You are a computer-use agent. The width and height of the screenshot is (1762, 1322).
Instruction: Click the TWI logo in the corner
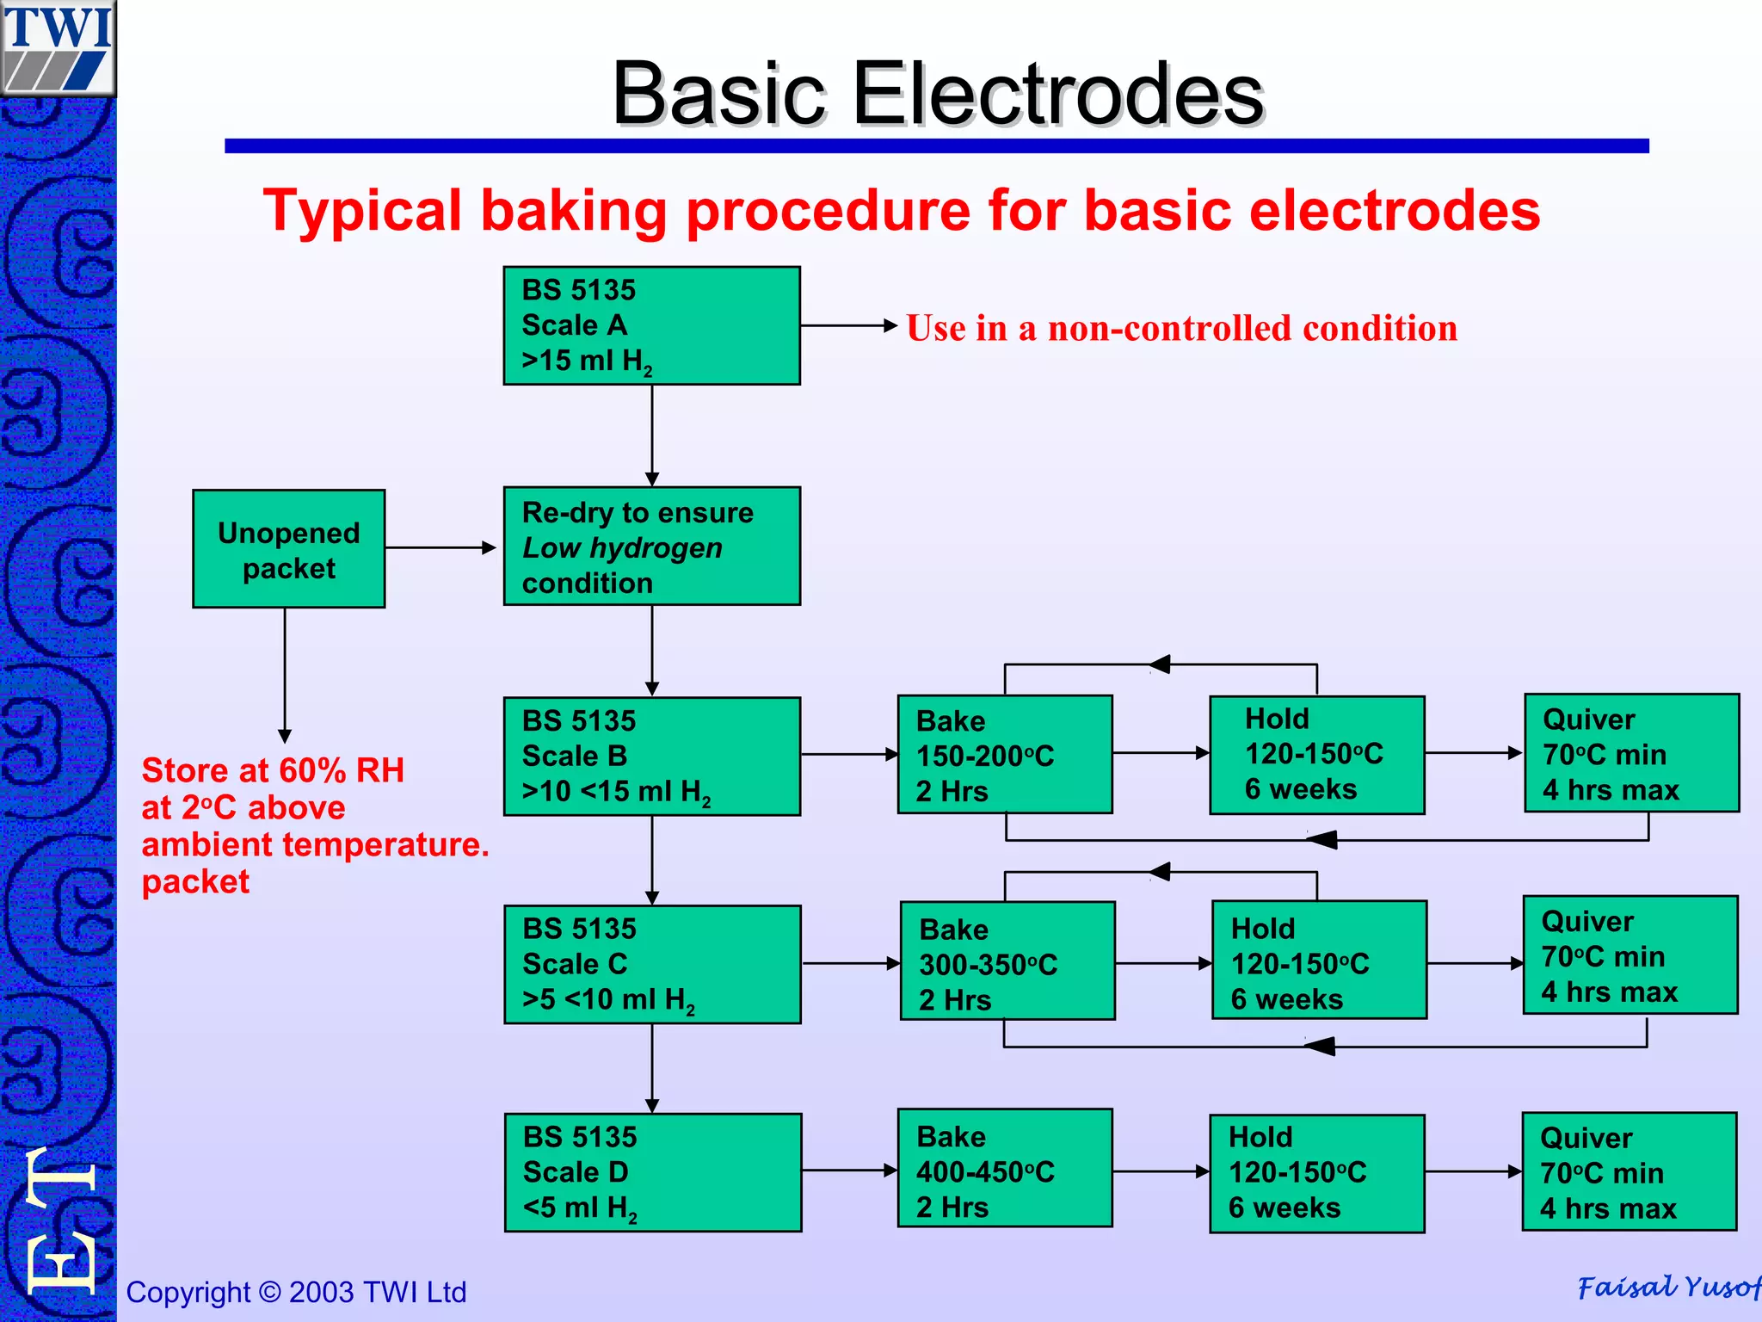[58, 47]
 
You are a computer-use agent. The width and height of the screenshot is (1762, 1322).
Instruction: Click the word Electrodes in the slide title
[1057, 94]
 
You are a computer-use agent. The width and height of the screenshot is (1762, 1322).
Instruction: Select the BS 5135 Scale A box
[651, 325]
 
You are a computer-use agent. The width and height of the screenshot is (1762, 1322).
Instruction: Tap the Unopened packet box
[288, 549]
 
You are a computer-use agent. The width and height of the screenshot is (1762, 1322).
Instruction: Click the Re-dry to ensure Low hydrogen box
[651, 547]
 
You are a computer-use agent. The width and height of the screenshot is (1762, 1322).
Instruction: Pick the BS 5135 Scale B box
[651, 756]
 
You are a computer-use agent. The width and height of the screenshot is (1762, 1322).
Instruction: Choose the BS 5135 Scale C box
[651, 964]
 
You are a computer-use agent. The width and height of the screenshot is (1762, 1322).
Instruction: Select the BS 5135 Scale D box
[651, 1172]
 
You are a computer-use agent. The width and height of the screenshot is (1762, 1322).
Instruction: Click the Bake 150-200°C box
[1004, 755]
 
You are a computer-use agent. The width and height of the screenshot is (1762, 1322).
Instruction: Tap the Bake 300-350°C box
[1007, 961]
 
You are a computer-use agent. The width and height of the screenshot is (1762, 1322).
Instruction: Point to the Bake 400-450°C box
[1004, 1169]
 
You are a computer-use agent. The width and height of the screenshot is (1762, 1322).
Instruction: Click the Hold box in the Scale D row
[1316, 1173]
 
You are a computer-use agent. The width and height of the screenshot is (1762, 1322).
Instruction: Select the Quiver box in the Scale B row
[1631, 753]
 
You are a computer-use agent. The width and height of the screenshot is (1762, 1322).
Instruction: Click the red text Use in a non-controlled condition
[1181, 328]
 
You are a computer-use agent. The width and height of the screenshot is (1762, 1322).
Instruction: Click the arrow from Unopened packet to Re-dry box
[440, 547]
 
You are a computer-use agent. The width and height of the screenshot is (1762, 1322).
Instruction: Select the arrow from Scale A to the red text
[848, 325]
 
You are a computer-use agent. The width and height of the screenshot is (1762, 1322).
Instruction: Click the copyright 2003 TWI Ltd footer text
[296, 1292]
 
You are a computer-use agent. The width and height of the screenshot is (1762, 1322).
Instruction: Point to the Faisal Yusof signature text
[1667, 1288]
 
